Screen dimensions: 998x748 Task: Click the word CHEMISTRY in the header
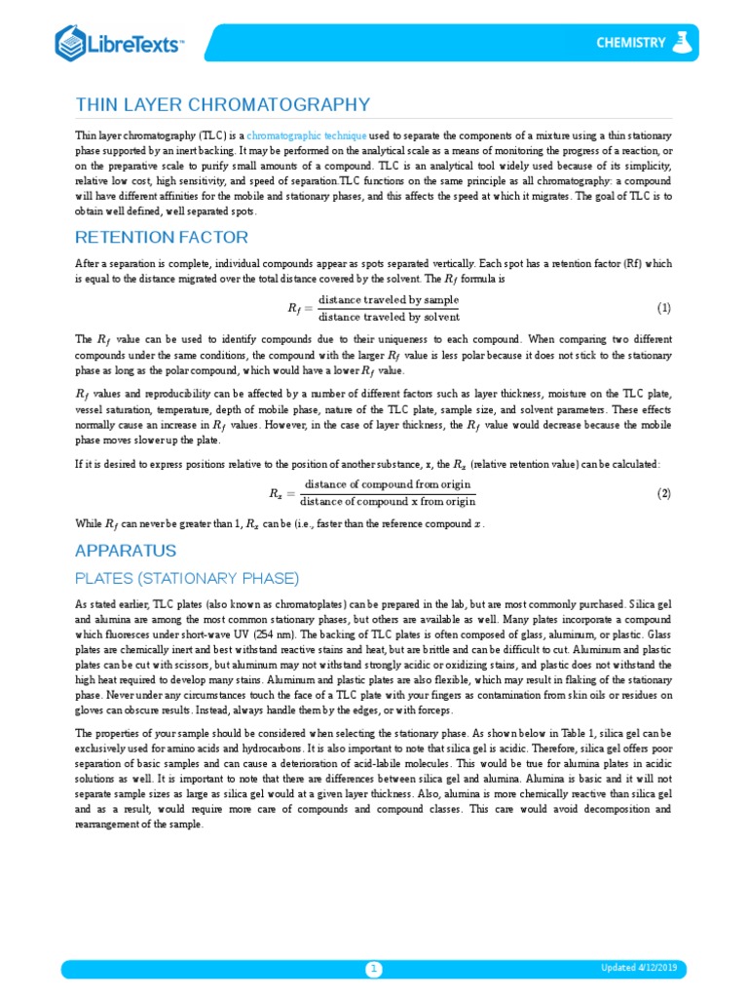pos(631,42)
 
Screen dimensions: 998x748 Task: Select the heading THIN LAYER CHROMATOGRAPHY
pos(223,105)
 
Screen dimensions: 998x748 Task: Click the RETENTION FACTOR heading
pos(162,237)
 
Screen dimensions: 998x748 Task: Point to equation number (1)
pos(663,308)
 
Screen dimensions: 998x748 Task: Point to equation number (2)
pos(663,493)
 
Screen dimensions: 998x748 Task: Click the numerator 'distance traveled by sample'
pos(389,299)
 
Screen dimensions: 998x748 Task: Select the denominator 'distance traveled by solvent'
pos(389,317)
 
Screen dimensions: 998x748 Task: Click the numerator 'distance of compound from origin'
pos(388,484)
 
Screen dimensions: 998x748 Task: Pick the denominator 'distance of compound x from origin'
pos(388,502)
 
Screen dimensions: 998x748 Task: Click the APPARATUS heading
pos(126,551)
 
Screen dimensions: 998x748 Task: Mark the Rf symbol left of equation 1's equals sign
pos(296,309)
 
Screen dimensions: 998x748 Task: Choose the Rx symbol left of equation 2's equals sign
pos(277,494)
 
